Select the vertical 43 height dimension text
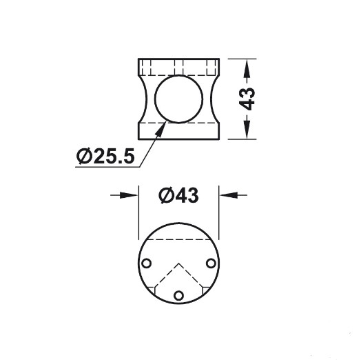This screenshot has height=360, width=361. point(249,99)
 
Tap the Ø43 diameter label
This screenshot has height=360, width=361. point(178,197)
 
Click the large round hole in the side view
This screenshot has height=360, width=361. point(178,99)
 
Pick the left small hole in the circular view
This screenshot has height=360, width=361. point(146,263)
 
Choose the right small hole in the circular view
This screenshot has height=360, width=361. point(211,263)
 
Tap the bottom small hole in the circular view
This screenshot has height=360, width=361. point(178,295)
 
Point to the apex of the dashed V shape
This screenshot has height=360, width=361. point(178,263)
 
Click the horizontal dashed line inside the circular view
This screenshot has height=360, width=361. point(178,239)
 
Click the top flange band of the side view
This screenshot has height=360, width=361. point(178,68)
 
